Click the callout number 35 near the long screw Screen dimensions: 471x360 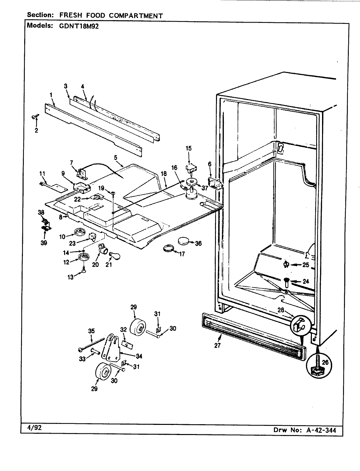coord(91,331)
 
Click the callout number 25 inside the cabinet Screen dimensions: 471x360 coord(305,265)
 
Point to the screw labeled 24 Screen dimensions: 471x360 coord(286,281)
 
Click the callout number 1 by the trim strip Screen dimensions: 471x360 coord(51,95)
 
